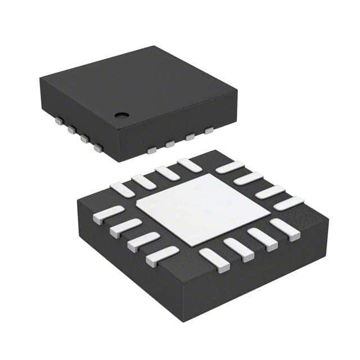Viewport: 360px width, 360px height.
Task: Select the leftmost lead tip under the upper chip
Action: pos(58,119)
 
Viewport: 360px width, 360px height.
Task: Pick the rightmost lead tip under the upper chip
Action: pos(209,131)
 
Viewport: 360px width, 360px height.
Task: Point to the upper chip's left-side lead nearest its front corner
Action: pos(98,148)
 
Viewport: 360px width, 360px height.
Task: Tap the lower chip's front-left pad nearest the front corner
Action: pos(162,256)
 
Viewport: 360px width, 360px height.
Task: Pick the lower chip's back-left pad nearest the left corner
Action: pos(122,190)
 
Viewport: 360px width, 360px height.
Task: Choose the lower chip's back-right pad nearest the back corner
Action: pos(229,167)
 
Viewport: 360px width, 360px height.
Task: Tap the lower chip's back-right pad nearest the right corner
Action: pos(289,203)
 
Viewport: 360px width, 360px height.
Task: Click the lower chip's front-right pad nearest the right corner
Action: pos(284,229)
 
